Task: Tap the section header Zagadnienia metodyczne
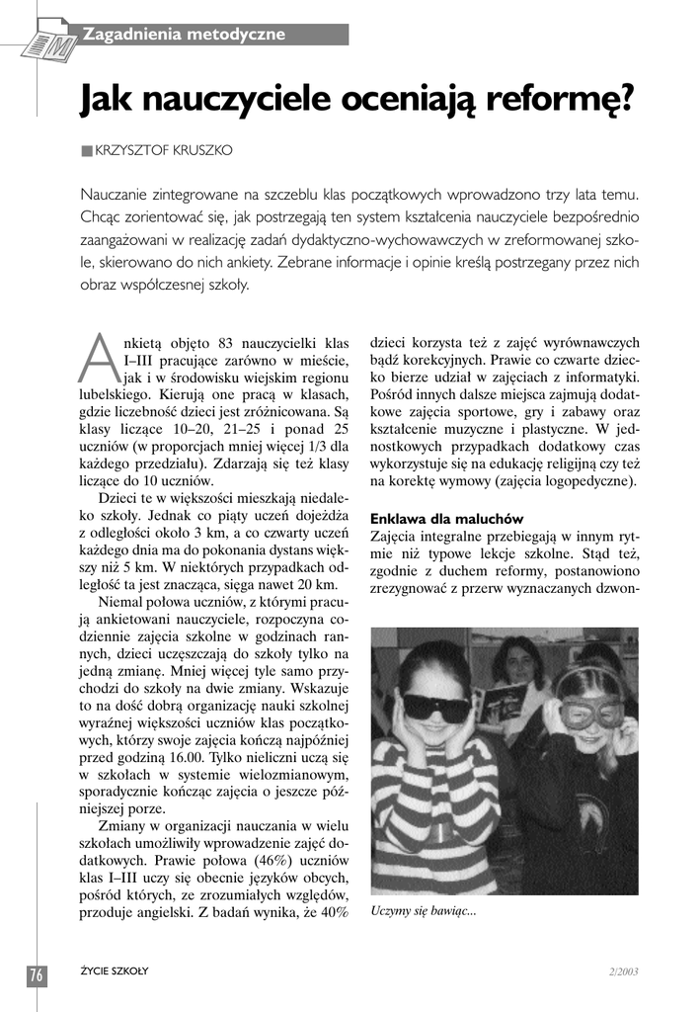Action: pos(184,35)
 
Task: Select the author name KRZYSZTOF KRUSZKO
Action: pos(165,150)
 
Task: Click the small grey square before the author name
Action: pos(87,150)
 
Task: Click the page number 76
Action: pos(37,973)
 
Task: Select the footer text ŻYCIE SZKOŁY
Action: pos(115,970)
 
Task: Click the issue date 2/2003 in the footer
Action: pos(623,970)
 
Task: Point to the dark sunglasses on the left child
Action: pos(435,706)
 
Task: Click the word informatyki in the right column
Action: pos(603,378)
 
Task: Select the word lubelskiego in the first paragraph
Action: pos(115,395)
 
